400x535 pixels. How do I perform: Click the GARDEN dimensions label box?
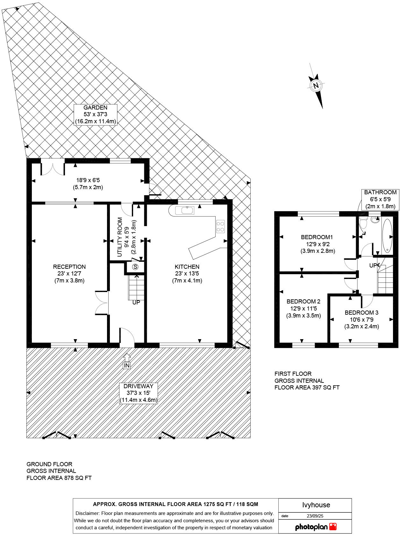[96, 115]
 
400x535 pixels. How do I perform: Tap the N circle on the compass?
[316, 86]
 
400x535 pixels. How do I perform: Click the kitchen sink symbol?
[185, 210]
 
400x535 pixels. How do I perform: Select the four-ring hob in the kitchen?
[220, 226]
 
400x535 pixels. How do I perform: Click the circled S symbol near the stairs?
[136, 267]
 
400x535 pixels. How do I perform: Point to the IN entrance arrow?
[127, 361]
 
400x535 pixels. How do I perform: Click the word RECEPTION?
[69, 267]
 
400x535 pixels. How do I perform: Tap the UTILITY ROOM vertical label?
[120, 237]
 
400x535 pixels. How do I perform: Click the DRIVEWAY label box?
[139, 393]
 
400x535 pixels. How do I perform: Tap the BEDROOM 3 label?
[361, 313]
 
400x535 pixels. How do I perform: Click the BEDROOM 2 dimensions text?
[304, 312]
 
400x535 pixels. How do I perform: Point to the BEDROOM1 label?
[317, 237]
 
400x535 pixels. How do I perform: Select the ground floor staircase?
[137, 288]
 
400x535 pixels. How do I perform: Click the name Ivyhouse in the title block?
[316, 505]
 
